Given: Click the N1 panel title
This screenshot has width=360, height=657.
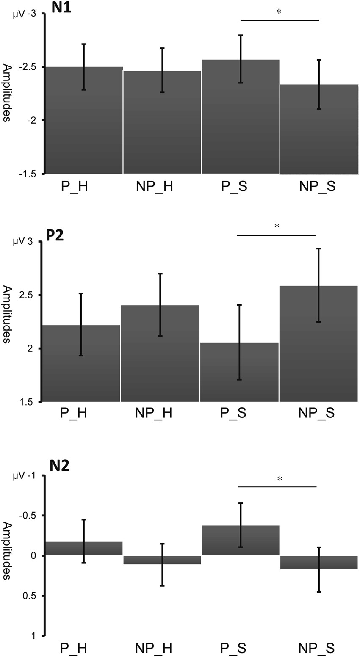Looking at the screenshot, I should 61,8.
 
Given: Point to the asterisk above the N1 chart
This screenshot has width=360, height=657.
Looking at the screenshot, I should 279,12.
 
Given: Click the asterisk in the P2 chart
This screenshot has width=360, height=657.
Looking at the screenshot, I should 277,226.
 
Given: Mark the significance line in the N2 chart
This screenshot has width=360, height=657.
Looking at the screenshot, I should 277,487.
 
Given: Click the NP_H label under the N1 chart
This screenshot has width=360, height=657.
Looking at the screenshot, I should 154,187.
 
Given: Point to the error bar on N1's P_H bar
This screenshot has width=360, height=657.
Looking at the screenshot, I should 84,67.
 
